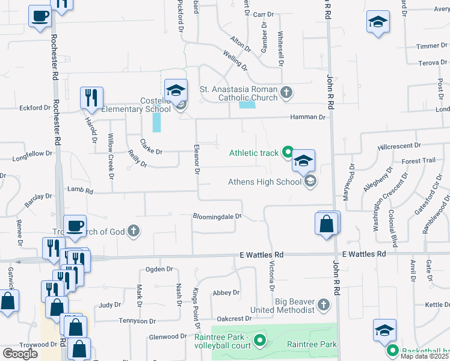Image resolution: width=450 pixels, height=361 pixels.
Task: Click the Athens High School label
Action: tap(264, 182)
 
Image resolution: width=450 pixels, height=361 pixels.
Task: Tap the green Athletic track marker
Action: tap(288, 153)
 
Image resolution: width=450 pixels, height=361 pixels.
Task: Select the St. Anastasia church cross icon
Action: tap(287, 93)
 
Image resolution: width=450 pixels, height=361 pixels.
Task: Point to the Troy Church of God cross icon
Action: tap(134, 231)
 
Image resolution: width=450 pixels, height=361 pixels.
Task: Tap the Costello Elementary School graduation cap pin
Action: tap(176, 91)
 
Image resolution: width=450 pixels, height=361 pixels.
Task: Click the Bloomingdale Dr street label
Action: tap(217, 216)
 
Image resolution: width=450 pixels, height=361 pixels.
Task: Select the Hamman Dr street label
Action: tap(307, 117)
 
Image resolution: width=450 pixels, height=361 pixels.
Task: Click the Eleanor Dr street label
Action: tap(196, 159)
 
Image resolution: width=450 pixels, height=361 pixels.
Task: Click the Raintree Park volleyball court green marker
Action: tap(260, 341)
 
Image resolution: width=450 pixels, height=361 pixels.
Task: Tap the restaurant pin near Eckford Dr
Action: tap(91, 99)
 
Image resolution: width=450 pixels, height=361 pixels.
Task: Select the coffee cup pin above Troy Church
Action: tap(75, 227)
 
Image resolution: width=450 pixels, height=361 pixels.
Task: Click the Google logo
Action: tap(20, 354)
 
